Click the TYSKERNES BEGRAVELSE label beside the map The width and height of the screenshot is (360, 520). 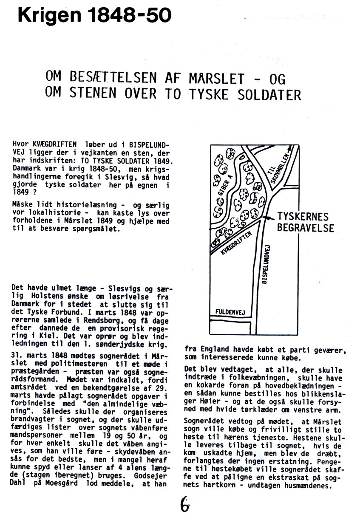[305, 222]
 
